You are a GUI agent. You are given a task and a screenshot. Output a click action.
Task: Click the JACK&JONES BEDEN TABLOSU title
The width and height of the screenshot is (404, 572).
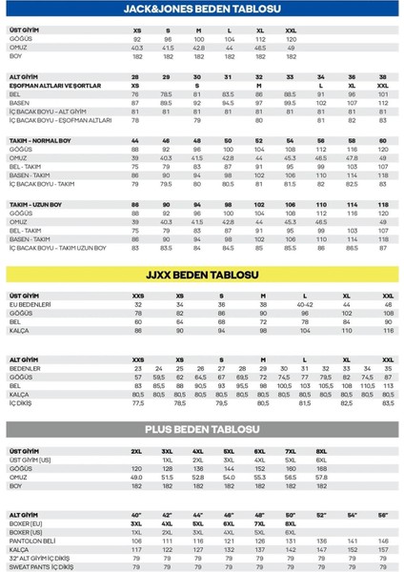(x=202, y=10)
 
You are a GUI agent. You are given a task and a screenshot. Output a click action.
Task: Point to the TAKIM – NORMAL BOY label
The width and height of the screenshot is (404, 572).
(x=38, y=140)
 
